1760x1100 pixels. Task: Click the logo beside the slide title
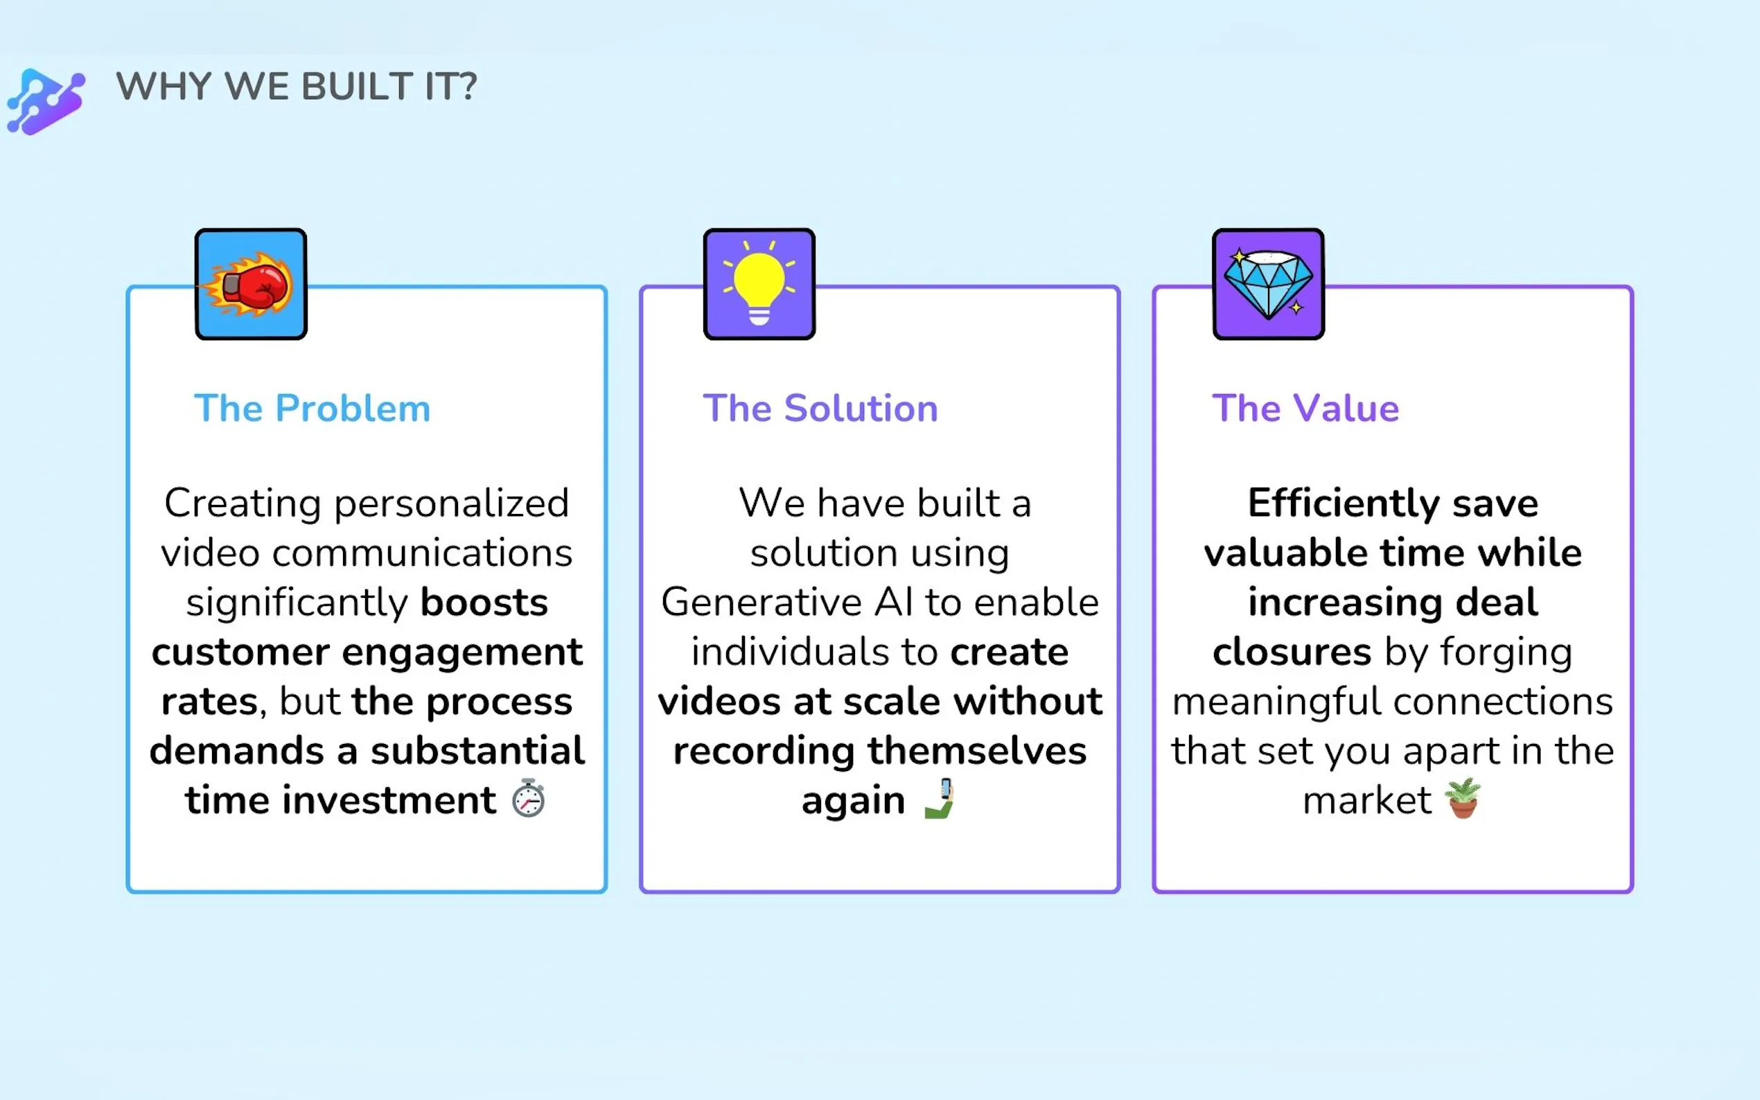[46, 101]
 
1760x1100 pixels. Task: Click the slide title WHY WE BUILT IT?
[296, 87]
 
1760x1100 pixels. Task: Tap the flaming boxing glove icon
[250, 284]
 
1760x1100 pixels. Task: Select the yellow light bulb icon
[759, 284]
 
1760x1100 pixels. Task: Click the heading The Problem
[312, 408]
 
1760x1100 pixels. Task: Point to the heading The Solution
[820, 408]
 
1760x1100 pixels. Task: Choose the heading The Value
[1305, 408]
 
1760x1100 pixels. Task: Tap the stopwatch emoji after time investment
[528, 798]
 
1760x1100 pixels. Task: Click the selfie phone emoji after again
[939, 798]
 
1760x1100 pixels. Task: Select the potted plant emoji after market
[1463, 798]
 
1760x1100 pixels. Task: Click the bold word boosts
[484, 603]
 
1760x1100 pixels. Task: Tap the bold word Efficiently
[1344, 504]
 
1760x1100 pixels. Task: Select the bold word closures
[1292, 652]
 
